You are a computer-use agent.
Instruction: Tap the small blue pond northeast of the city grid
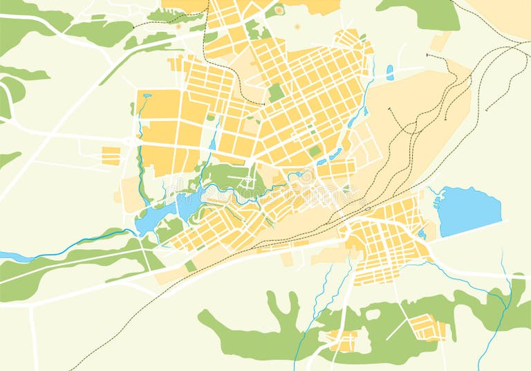coord(390,72)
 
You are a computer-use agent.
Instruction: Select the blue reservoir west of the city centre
coord(156,218)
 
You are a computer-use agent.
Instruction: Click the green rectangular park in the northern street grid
coord(277,92)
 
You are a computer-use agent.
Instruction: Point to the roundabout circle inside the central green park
coord(248,182)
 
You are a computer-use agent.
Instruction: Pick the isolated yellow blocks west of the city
coord(111,156)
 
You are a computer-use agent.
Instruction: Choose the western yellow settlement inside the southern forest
coord(342,340)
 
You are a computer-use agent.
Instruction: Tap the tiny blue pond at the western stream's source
coord(146,96)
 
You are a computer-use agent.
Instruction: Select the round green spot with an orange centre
coord(279,10)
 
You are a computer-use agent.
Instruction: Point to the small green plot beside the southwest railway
coord(191,266)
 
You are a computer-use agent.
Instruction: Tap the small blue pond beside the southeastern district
coord(421,234)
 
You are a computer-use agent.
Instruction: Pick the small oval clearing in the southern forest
coord(373,314)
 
